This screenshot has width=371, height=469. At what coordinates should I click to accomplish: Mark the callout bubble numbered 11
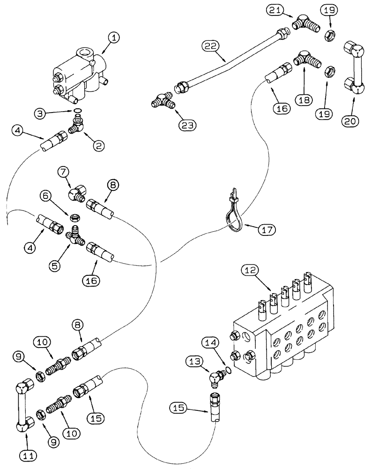coord(26,454)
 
